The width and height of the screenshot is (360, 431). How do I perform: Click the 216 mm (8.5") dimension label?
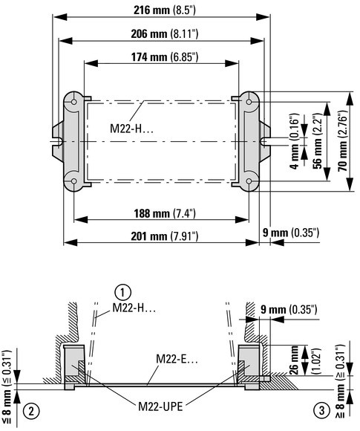click(165, 10)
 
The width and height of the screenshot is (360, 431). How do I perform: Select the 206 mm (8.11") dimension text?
click(165, 34)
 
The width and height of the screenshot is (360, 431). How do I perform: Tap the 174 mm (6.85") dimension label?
click(165, 57)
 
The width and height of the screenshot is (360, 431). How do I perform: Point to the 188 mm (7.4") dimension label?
click(165, 213)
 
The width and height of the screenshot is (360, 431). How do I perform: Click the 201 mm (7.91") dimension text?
click(165, 236)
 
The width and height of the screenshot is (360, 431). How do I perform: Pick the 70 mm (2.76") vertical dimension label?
click(342, 140)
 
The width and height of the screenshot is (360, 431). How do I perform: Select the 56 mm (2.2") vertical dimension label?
click(318, 140)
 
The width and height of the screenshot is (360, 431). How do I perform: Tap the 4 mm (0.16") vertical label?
click(294, 140)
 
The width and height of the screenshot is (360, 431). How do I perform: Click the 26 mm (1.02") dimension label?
click(299, 360)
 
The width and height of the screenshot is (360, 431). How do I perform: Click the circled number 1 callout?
click(122, 293)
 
